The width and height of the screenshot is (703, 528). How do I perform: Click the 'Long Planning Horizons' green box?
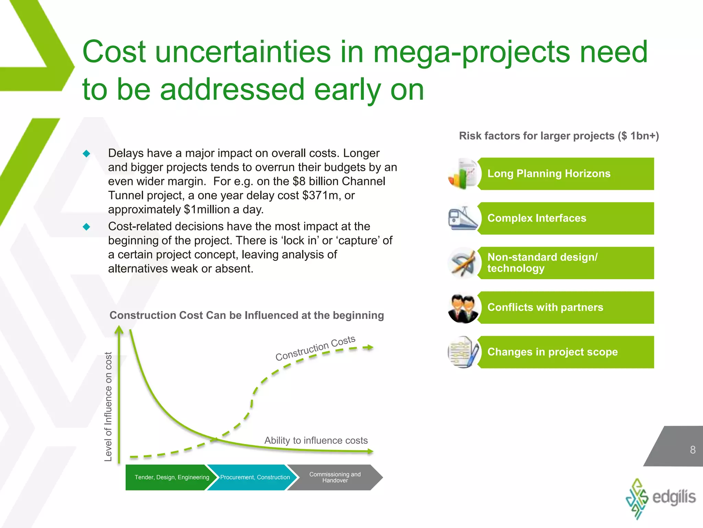(566, 174)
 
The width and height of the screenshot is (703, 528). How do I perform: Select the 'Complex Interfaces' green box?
(566, 218)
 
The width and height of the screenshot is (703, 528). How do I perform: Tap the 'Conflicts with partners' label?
(545, 307)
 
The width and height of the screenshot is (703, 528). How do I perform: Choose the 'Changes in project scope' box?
(566, 352)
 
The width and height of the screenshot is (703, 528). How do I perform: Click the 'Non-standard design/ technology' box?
(566, 263)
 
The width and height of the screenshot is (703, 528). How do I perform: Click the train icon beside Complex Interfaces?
(462, 218)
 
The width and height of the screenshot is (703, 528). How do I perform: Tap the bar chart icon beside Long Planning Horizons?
(462, 174)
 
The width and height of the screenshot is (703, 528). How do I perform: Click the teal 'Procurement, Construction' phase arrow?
(254, 477)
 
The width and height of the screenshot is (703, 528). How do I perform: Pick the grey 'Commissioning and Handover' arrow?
(335, 477)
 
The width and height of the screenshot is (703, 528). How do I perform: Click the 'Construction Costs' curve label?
(315, 348)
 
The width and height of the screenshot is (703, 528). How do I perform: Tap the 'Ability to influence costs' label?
(316, 440)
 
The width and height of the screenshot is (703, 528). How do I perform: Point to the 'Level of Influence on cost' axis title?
(108, 406)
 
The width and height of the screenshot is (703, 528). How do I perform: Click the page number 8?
(693, 450)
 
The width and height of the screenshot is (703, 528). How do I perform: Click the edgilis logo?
(660, 498)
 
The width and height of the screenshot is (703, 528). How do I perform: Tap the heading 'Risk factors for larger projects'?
(558, 136)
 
